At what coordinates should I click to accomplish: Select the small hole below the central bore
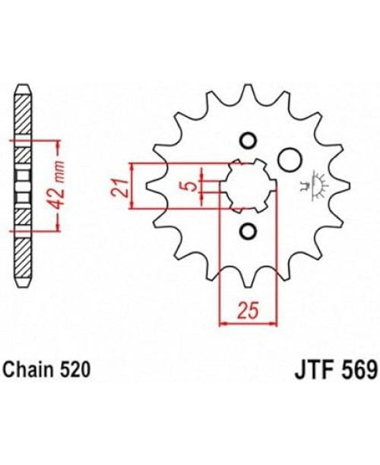coord(247,230)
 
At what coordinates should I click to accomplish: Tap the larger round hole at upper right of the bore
coord(287,159)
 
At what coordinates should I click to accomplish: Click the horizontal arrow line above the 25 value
coord(247,322)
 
